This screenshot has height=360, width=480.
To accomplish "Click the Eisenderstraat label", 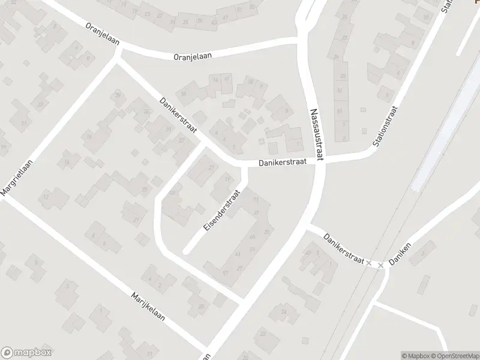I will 221,211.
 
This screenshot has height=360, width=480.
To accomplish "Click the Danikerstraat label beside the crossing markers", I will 343,248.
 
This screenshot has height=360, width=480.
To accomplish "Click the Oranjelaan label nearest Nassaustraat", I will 193,55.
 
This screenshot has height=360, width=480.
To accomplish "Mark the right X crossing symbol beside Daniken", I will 380,265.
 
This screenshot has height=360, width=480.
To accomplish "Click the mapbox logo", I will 26,352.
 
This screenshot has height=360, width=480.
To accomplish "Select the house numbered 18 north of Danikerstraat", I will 250,82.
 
